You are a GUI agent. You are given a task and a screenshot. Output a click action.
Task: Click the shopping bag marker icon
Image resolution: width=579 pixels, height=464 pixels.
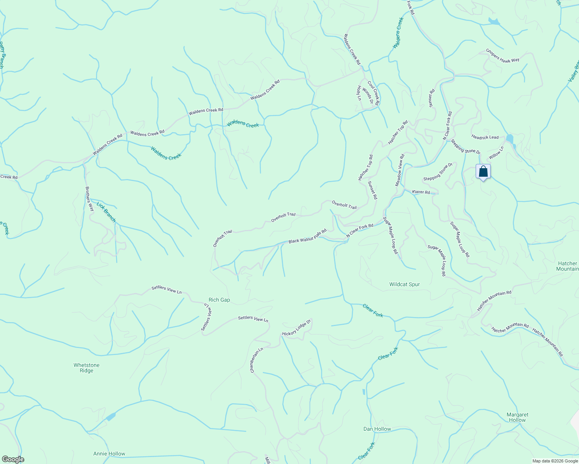pos(483,172)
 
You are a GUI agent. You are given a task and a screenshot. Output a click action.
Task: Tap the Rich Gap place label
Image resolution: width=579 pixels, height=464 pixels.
pos(219,300)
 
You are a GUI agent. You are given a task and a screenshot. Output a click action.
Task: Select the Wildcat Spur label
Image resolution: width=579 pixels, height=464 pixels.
pos(404,284)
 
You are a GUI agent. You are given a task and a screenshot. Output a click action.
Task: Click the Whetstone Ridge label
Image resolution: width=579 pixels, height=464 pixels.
pos(86,368)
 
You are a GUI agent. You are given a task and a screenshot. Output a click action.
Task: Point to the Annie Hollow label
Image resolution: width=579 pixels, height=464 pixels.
pos(109,454)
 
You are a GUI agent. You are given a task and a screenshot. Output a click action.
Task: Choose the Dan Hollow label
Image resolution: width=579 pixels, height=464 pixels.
pos(377,429)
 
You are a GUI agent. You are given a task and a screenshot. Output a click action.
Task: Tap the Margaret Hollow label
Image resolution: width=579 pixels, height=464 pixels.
pos(517,417)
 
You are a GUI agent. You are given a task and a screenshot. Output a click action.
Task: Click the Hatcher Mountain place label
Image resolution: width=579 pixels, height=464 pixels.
pos(567,266)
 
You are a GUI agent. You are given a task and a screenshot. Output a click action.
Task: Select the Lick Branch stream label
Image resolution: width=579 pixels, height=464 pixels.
pos(106,212)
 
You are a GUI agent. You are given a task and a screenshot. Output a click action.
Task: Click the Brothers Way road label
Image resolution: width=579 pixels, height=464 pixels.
pos(89,199)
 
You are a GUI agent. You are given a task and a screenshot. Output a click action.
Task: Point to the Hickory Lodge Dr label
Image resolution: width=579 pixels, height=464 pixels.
pos(296,328)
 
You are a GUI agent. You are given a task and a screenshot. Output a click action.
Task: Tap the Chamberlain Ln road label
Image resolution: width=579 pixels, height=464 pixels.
pos(256,360)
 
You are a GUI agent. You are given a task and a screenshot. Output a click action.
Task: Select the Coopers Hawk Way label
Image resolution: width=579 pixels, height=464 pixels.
pos(503,55)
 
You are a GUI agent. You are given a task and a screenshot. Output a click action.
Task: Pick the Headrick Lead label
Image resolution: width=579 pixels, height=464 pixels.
pos(485,137)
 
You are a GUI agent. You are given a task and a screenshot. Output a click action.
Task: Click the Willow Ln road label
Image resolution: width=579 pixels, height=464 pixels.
pos(496,153)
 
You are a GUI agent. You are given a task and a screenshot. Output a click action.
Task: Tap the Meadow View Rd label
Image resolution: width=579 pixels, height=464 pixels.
pos(400,170)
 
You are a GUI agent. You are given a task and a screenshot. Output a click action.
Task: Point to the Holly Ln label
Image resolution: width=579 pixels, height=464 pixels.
pos(359,93)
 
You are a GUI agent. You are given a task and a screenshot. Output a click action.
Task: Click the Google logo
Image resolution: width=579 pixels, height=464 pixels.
pos(13,459)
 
